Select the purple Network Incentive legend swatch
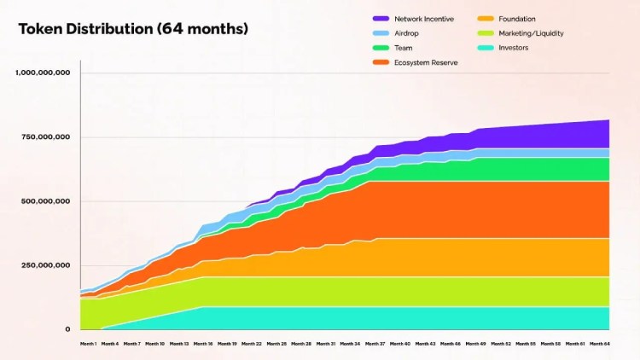[381, 19]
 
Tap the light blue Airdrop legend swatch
[381, 33]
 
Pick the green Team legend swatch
[381, 48]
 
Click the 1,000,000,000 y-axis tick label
[43, 73]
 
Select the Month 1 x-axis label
[89, 344]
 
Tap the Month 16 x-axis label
[203, 344]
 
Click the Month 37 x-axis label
[375, 344]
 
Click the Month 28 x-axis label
[302, 344]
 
